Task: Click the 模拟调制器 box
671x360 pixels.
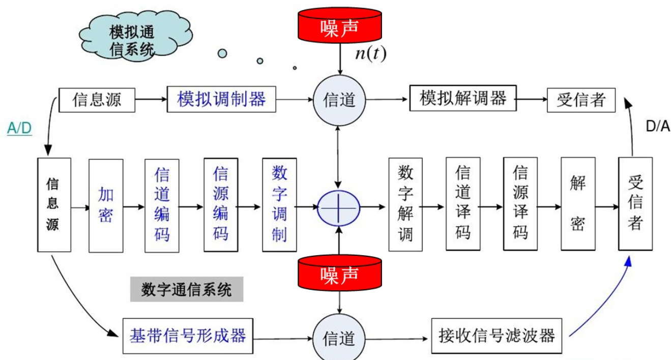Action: click(222, 99)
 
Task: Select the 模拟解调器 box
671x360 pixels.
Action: click(462, 98)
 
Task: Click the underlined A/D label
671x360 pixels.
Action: click(19, 129)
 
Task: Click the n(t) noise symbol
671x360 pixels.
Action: click(370, 54)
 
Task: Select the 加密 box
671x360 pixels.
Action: click(106, 205)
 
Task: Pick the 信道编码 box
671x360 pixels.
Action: click(162, 205)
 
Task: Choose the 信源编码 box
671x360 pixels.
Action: click(221, 205)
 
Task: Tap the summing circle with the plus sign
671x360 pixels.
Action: click(339, 208)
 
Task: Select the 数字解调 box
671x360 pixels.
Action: click(405, 205)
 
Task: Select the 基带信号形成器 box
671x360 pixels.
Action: click(188, 336)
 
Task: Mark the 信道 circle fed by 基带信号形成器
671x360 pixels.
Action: click(339, 338)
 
